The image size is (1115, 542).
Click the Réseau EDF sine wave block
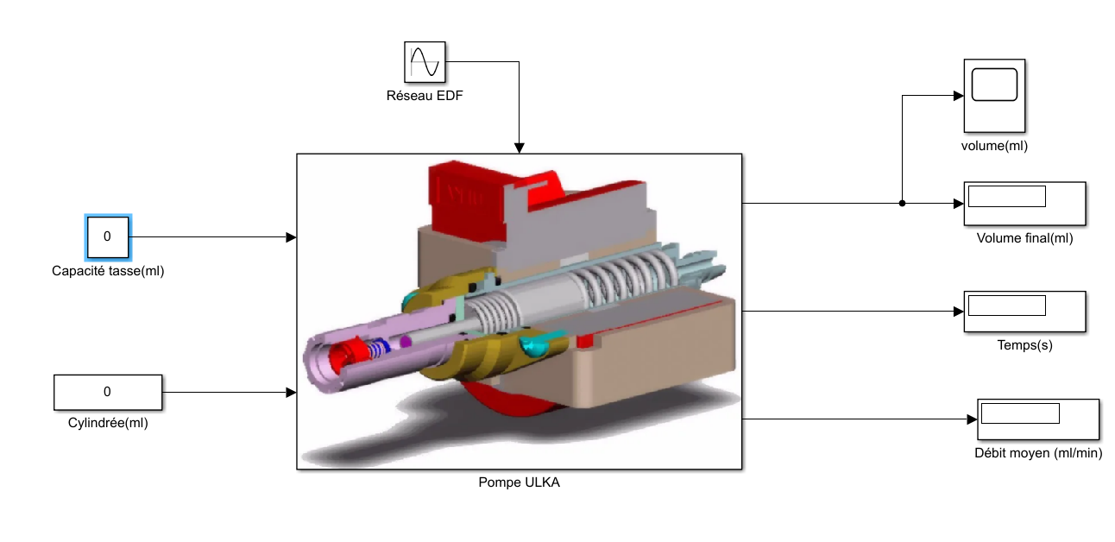point(425,62)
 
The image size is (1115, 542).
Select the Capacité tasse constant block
point(108,236)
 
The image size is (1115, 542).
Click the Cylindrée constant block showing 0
point(108,392)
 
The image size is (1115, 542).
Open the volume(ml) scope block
point(994,96)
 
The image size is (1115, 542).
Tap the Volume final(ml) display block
point(1025,204)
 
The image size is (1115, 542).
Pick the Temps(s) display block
point(1025,312)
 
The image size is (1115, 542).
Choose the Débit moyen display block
point(1038,419)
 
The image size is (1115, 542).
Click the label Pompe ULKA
point(520,482)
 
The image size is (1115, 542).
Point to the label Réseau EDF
point(425,96)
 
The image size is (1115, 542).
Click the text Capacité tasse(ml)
point(108,271)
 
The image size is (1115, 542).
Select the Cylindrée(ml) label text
point(108,423)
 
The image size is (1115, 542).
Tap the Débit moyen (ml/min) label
point(1038,453)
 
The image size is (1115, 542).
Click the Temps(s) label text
point(1025,345)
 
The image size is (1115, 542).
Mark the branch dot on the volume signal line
point(902,203)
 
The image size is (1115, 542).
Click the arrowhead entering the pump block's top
point(520,148)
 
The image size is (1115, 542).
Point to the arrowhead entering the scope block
point(959,96)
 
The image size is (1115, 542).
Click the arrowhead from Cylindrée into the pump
point(291,392)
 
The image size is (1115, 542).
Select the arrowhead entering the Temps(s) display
point(959,312)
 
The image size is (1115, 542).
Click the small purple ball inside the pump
point(406,342)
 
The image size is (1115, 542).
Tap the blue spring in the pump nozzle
point(380,348)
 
